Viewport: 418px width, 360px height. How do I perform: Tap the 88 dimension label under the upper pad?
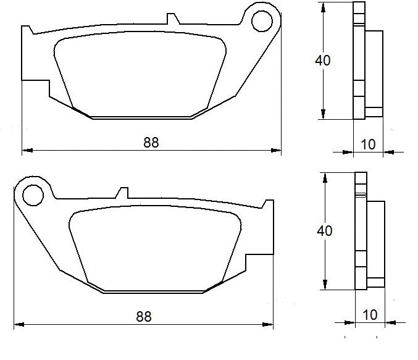click(x=151, y=142)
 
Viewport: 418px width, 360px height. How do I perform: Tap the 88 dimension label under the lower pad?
click(x=143, y=317)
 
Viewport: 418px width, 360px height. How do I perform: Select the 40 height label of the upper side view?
click(x=322, y=61)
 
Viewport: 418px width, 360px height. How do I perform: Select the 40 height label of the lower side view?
click(x=324, y=231)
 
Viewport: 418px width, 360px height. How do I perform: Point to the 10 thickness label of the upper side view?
click(x=368, y=144)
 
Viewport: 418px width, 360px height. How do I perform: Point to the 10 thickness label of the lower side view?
click(x=370, y=315)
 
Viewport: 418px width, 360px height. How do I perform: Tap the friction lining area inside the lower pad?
click(x=154, y=247)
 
